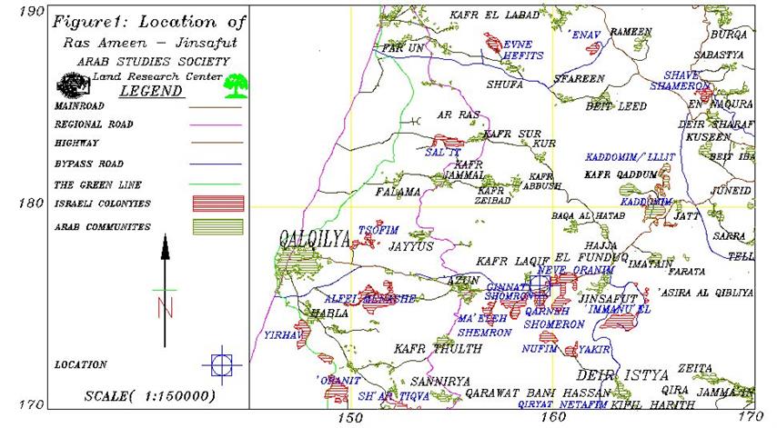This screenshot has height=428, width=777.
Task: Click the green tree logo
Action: (237, 86)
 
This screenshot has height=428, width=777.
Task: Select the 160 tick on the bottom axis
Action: (550, 417)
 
